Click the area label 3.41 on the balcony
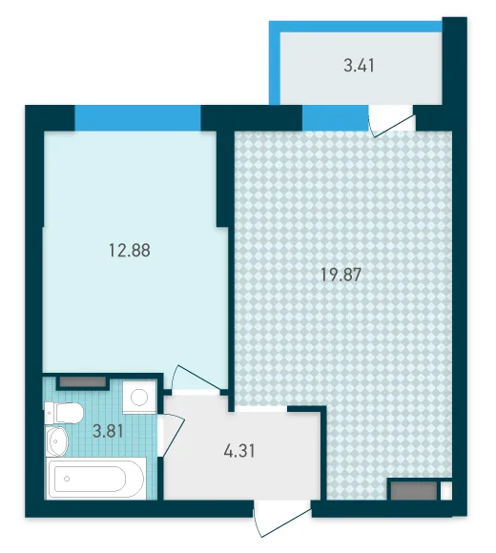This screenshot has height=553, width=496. (359, 66)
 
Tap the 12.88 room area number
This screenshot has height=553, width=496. (130, 251)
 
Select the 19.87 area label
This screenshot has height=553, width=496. (341, 275)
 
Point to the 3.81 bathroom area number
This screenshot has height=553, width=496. (108, 431)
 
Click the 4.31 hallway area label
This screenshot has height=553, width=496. (239, 451)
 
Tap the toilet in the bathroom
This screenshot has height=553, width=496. (64, 413)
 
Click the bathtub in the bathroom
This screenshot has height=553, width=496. (96, 479)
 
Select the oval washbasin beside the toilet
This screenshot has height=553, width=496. (56, 440)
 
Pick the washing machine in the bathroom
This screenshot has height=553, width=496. (139, 398)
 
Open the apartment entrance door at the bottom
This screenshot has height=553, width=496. (282, 521)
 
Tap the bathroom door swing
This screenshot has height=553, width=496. (172, 436)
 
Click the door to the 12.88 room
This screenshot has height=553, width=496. (196, 379)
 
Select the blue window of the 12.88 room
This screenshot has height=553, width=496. (137, 118)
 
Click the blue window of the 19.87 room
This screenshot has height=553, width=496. (335, 118)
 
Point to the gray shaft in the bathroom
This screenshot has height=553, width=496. (83, 382)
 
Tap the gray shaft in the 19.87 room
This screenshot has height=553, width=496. (414, 491)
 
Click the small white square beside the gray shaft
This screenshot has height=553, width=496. (445, 491)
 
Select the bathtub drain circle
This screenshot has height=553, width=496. (67, 479)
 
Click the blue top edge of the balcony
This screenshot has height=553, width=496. (356, 27)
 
